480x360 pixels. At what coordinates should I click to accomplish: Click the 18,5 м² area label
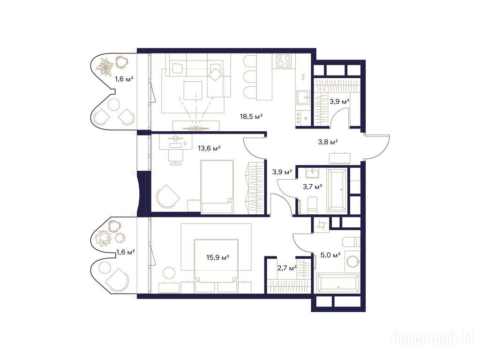pyautogui.click(x=251, y=116)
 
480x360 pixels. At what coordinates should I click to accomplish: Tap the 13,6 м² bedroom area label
pyautogui.click(x=210, y=149)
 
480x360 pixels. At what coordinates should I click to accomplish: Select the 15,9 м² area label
pyautogui.click(x=217, y=257)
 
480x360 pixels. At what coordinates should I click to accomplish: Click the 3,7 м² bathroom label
pyautogui.click(x=313, y=187)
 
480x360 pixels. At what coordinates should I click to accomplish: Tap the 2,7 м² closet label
pyautogui.click(x=287, y=268)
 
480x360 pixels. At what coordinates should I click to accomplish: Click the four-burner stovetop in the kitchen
pyautogui.click(x=284, y=60)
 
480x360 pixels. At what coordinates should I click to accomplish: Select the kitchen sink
pyautogui.click(x=303, y=97)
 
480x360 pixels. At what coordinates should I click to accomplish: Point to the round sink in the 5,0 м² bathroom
pyautogui.click(x=352, y=262)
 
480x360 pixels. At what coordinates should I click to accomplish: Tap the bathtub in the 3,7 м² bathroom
pyautogui.click(x=337, y=190)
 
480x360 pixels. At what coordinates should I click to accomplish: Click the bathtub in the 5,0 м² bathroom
pyautogui.click(x=338, y=284)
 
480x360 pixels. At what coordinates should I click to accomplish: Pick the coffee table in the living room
pyautogui.click(x=193, y=90)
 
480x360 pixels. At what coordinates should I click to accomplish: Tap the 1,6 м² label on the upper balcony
pyautogui.click(x=124, y=79)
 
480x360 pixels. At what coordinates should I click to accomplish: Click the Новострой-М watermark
pyautogui.click(x=433, y=339)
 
